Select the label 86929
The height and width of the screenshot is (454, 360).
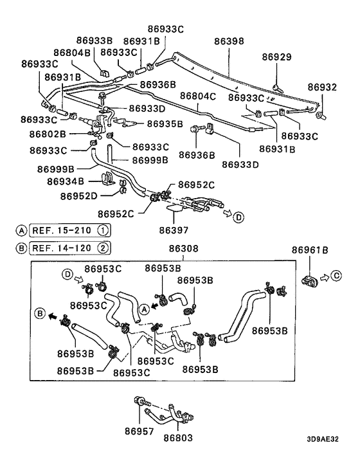coord(277,57)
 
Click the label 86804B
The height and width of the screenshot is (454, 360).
coord(73,53)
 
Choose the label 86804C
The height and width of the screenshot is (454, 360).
coord(197,96)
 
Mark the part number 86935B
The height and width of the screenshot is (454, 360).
coord(165,123)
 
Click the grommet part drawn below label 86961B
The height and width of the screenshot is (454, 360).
coord(310,280)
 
